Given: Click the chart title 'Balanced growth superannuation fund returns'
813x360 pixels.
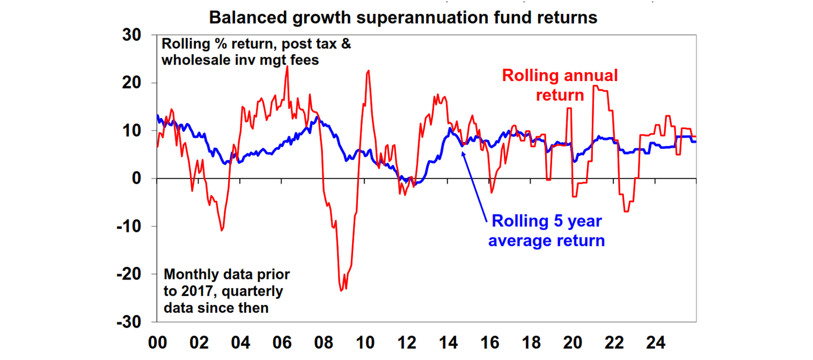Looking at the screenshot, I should pos(403,17).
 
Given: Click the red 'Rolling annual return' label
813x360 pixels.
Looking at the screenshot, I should pos(559,85).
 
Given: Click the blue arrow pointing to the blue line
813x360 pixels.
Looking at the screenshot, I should pos(474,185).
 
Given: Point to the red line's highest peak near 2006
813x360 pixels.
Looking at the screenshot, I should pos(287,66).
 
